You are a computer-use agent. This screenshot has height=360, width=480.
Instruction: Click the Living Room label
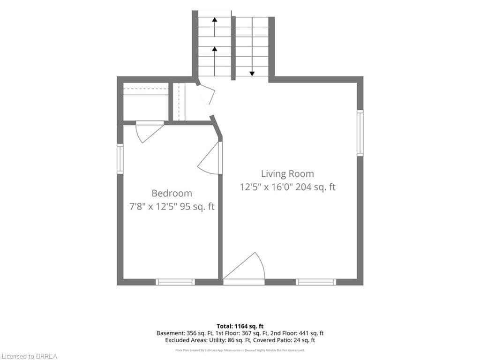pyautogui.click(x=287, y=174)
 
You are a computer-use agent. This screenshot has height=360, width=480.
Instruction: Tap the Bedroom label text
pyautogui.click(x=172, y=194)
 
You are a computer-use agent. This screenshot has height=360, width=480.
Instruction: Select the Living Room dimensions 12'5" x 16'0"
pyautogui.click(x=266, y=187)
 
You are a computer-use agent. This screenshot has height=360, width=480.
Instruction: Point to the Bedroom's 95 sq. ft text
pyautogui.click(x=197, y=207)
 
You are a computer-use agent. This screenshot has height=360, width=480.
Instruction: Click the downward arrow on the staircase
pyautogui.click(x=252, y=46)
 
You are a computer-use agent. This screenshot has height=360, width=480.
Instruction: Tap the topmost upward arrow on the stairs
pyautogui.click(x=215, y=27)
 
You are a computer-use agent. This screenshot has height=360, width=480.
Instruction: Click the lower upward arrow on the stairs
pyautogui.click(x=215, y=61)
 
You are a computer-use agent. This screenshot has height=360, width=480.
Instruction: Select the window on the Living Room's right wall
pyautogui.click(x=360, y=133)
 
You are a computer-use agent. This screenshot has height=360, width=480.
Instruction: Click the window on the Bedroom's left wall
pyautogui.click(x=120, y=159)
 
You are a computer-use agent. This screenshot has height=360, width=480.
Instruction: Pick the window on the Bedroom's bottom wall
pyautogui.click(x=175, y=282)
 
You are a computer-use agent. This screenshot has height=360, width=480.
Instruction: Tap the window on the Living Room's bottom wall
pyautogui.click(x=315, y=282)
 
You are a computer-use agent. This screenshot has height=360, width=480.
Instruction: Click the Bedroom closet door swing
pyautogui.click(x=149, y=132)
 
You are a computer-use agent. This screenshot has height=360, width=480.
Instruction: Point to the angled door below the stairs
pyautogui.click(x=207, y=99)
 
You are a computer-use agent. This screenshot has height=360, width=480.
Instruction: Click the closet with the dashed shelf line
pyautogui.click(x=146, y=102)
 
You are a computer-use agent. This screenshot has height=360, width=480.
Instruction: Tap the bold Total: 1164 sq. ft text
pyautogui.click(x=240, y=326)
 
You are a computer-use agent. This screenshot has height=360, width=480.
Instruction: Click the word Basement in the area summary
pyautogui.click(x=170, y=333)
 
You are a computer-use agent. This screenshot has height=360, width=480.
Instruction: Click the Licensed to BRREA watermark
pyautogui.click(x=29, y=356)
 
